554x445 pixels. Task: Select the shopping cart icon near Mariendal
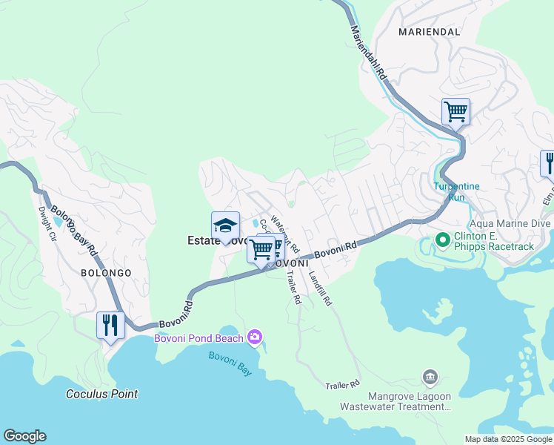[x=455, y=112]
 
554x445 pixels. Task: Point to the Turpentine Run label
[x=459, y=192]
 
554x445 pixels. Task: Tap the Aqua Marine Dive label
[x=510, y=223]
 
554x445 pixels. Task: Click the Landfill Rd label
[x=321, y=287]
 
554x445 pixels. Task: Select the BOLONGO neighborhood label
[x=106, y=273]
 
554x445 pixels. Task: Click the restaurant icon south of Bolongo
[x=110, y=326]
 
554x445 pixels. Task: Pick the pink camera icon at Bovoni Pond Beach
[x=256, y=338]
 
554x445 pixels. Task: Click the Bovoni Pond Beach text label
[x=198, y=339]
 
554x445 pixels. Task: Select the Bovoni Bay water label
[x=230, y=363]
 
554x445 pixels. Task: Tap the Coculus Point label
[x=101, y=394]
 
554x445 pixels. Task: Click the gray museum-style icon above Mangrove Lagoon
[x=429, y=378]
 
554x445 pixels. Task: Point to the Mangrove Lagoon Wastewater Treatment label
[x=396, y=400]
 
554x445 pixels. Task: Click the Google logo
[x=25, y=436]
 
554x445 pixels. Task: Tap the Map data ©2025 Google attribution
[x=508, y=439]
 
